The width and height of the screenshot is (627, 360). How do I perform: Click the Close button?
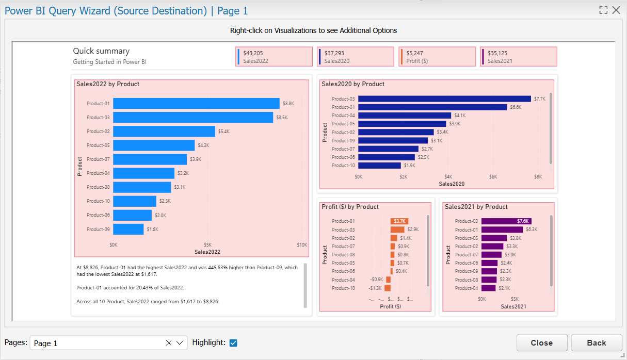[x=542, y=342]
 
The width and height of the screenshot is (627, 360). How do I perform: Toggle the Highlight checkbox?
[x=233, y=342]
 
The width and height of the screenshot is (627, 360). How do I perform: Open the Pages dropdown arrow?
[x=180, y=343]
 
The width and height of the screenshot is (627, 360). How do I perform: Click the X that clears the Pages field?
[x=169, y=343]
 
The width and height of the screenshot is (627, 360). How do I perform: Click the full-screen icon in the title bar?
[x=603, y=10]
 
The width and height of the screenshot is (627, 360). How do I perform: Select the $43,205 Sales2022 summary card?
[x=274, y=57]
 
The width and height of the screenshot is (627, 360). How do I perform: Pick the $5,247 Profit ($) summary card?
[x=437, y=57]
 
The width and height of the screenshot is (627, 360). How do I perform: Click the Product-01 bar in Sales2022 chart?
[x=196, y=104]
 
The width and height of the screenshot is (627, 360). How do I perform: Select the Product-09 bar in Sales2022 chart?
[x=128, y=229]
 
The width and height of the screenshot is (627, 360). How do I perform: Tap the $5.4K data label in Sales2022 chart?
[x=224, y=132]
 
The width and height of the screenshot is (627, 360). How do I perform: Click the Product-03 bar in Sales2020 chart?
[x=444, y=99]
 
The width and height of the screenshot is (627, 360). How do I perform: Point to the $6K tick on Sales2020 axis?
[x=493, y=177]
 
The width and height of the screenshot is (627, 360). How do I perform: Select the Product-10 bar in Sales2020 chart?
[x=380, y=166]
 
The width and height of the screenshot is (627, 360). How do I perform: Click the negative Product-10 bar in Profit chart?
[x=388, y=288]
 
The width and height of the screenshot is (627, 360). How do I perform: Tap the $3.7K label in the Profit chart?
[x=399, y=221]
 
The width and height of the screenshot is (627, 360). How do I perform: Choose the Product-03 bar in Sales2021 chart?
[x=506, y=221]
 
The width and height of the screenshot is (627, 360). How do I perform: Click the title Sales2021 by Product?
[x=476, y=207]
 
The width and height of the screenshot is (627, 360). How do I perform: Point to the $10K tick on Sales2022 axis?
[x=302, y=245]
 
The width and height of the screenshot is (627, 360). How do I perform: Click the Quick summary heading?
[x=101, y=51]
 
